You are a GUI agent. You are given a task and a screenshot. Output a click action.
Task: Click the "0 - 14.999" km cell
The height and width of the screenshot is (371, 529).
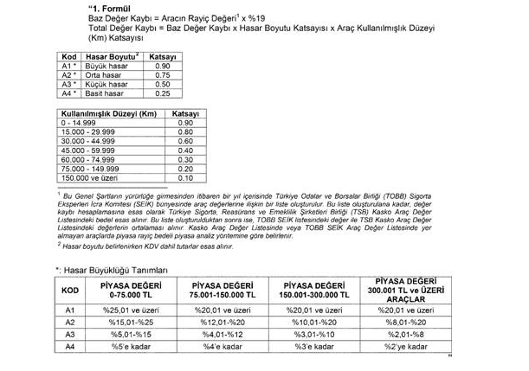[78, 123]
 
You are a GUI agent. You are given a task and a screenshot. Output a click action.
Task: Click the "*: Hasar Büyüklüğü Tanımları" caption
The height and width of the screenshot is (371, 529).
[116, 270]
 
